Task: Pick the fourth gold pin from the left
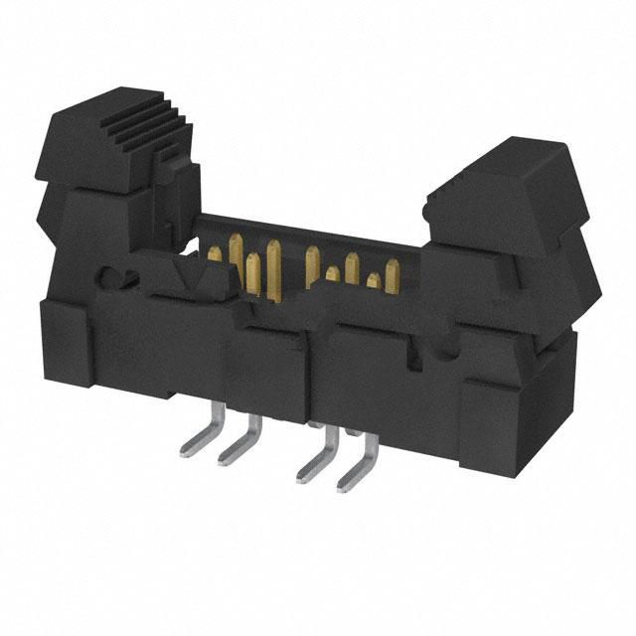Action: click(273, 260)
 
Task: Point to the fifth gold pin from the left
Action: click(312, 260)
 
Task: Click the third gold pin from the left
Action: click(252, 274)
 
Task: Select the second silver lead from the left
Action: click(238, 441)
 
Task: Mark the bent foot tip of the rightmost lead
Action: click(344, 486)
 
